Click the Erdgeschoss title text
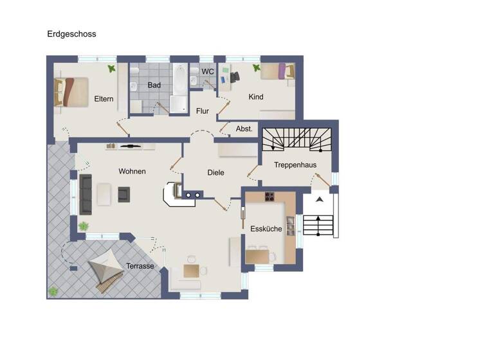click(x=71, y=34)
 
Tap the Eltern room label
click(x=104, y=99)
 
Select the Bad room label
click(x=154, y=85)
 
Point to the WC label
click(x=208, y=71)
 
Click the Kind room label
click(x=256, y=97)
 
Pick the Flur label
click(x=203, y=111)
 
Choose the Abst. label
click(x=244, y=129)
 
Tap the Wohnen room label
click(x=132, y=172)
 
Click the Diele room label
click(x=215, y=173)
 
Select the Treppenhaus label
click(x=295, y=165)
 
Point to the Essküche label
click(x=266, y=228)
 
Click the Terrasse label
click(x=140, y=265)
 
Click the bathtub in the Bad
click(x=179, y=85)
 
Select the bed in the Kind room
click(x=278, y=71)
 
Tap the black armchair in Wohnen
click(x=123, y=194)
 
